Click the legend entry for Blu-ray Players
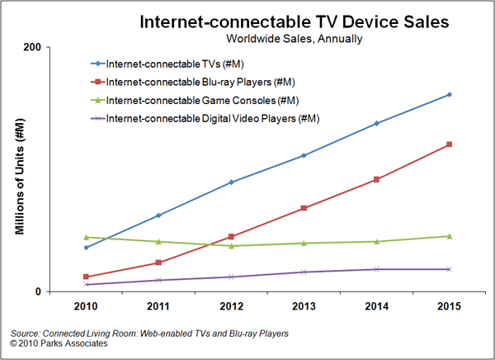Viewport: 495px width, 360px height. click(198, 82)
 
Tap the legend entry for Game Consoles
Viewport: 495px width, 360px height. click(196, 100)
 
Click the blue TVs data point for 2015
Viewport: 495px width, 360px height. click(449, 94)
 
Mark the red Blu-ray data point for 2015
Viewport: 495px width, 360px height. click(449, 144)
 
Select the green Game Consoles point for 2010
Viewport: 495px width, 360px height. click(86, 237)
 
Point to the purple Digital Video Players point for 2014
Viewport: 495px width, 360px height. click(376, 269)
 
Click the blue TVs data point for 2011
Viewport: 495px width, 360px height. click(158, 215)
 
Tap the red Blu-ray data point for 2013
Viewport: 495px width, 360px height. click(304, 208)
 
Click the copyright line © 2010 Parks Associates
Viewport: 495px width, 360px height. click(59, 343)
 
